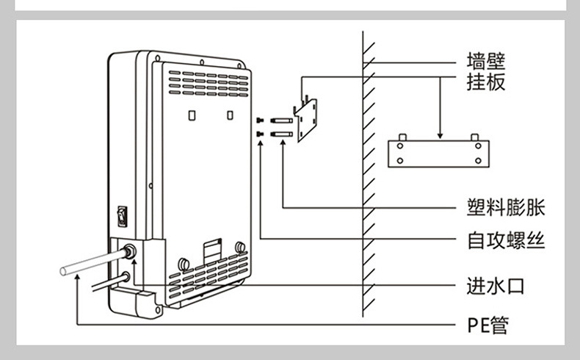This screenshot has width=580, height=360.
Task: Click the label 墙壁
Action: [487, 60]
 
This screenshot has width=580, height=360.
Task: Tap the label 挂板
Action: [487, 82]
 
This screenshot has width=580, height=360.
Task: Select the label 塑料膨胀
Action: [506, 207]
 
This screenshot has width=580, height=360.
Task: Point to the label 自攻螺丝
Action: [506, 240]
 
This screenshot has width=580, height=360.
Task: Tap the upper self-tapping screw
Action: [261, 120]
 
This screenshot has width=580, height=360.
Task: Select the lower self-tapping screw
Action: [261, 134]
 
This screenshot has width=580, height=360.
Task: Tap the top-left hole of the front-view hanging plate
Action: [401, 145]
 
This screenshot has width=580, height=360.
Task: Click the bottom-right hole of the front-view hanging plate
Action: [478, 160]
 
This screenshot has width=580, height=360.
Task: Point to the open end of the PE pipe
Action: [65, 271]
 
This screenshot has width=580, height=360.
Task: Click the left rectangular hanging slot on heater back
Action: [192, 115]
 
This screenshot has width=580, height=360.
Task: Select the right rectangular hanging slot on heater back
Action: [231, 115]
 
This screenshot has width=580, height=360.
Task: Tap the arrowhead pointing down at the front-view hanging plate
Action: [439, 134]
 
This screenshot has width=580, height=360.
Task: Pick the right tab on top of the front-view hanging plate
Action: [475, 137]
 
